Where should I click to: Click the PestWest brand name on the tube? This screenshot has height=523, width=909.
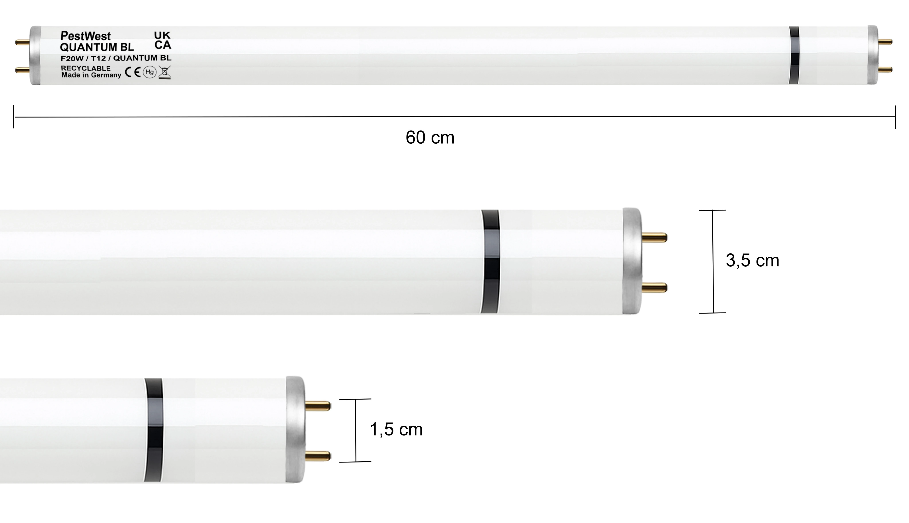pyautogui.click(x=86, y=36)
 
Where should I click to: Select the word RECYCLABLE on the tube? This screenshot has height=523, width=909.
pyautogui.click(x=86, y=68)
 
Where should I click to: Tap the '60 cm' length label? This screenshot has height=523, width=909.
pyautogui.click(x=430, y=138)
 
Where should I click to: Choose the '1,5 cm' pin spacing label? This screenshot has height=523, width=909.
pyautogui.click(x=396, y=430)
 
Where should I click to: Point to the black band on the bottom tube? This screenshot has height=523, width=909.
pyautogui.click(x=154, y=430)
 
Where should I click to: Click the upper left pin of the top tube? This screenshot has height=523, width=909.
pyautogui.click(x=22, y=42)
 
